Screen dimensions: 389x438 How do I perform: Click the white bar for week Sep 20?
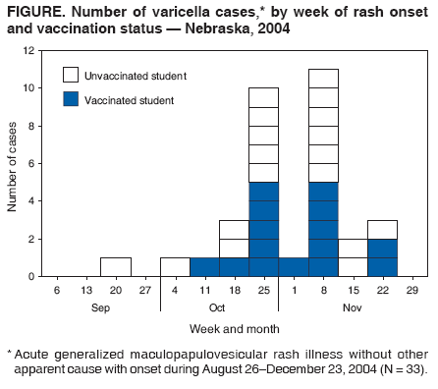click(x=116, y=267)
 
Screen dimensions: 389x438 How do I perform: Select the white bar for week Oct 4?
click(x=175, y=267)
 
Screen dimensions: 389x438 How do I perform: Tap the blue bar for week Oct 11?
click(x=204, y=267)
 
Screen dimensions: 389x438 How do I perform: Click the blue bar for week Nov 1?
click(x=294, y=267)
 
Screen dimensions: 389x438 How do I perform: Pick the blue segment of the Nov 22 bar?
click(x=383, y=257)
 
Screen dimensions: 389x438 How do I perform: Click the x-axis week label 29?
click(x=412, y=292)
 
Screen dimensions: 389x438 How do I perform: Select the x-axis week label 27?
click(x=145, y=292)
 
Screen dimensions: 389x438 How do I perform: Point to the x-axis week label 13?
click(x=86, y=292)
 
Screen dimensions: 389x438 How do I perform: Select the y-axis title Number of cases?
click(x=14, y=163)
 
